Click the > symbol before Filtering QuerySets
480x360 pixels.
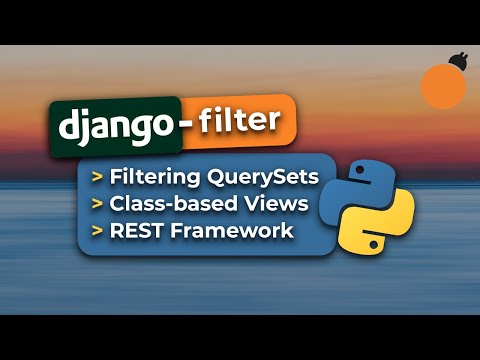point(97,179)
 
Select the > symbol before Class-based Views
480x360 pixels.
point(97,205)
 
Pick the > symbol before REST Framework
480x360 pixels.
point(97,232)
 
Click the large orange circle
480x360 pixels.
point(443,87)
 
